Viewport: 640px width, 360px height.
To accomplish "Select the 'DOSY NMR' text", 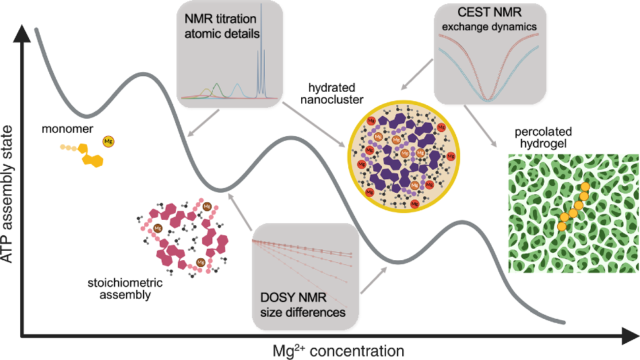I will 294,299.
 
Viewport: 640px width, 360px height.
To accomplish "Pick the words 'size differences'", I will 303,313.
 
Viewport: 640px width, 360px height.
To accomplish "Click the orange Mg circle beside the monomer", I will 108,142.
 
